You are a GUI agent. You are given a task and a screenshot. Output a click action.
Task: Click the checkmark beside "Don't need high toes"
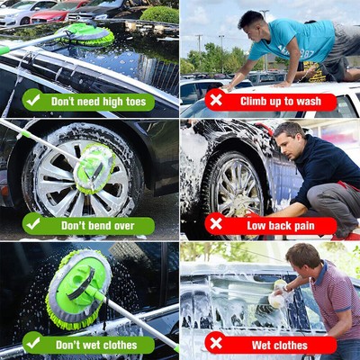32,100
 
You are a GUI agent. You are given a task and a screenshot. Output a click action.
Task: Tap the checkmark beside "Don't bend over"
32,223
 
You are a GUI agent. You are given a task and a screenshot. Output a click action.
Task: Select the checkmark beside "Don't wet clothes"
32,343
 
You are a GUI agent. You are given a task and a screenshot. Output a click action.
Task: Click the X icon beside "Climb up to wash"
215,100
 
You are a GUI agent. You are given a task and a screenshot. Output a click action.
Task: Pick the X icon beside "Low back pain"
215,223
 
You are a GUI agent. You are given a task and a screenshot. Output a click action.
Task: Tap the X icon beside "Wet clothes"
215,343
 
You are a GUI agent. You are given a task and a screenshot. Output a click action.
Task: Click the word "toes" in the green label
133,101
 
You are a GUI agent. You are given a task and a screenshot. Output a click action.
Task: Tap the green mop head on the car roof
86,34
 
